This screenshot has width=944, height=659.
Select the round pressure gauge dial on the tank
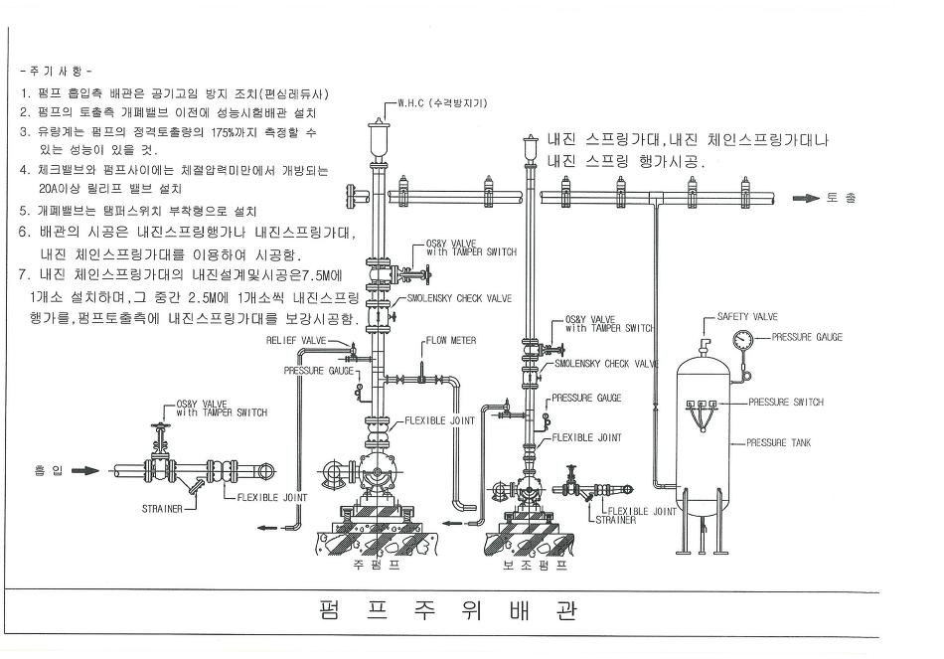(x=740, y=338)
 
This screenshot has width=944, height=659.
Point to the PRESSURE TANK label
(x=779, y=442)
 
